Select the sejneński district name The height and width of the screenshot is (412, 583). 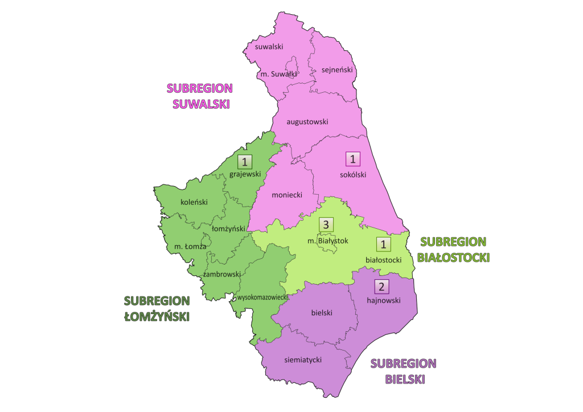338,69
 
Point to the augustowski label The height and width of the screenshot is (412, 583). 307,121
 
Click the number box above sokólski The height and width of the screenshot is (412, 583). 354,159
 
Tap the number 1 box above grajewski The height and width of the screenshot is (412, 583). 245,162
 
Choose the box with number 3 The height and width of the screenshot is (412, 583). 326,225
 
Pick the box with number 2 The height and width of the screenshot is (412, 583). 382,287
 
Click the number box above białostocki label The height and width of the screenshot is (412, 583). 384,245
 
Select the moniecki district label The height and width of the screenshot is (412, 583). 286,195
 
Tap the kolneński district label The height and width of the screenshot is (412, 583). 194,202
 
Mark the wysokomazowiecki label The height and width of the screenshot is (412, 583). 264,297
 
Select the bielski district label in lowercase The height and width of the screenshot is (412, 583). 322,312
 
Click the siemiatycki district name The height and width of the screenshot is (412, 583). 303,360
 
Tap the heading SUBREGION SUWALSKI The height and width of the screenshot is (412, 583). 199,96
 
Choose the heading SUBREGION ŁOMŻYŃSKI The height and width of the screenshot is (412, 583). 157,308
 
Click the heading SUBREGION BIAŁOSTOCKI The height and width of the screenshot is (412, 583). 454,249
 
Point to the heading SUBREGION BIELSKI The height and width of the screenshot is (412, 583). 404,371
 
